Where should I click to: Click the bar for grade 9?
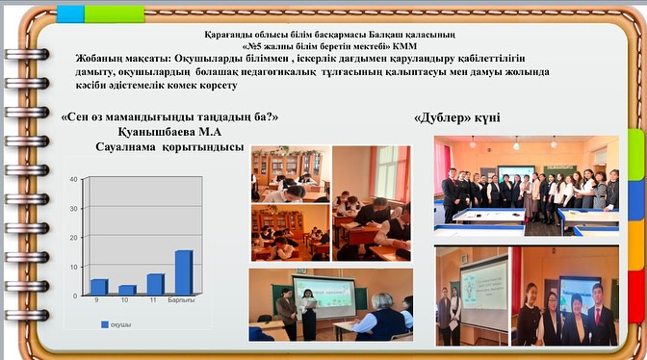pos(98,287)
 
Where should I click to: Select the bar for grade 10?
pos(127,290)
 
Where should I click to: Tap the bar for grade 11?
pos(155,284)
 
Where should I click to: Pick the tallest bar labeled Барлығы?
pos(184,272)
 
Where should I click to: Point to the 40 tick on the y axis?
pos(73,180)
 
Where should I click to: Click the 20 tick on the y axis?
pos(73,238)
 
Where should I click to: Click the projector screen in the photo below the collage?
pos(323,293)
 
